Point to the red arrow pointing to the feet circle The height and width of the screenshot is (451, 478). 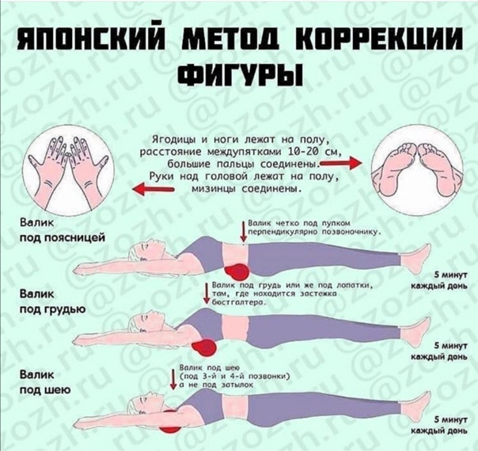(345, 162)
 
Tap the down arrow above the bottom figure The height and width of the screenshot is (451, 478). (172, 377)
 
